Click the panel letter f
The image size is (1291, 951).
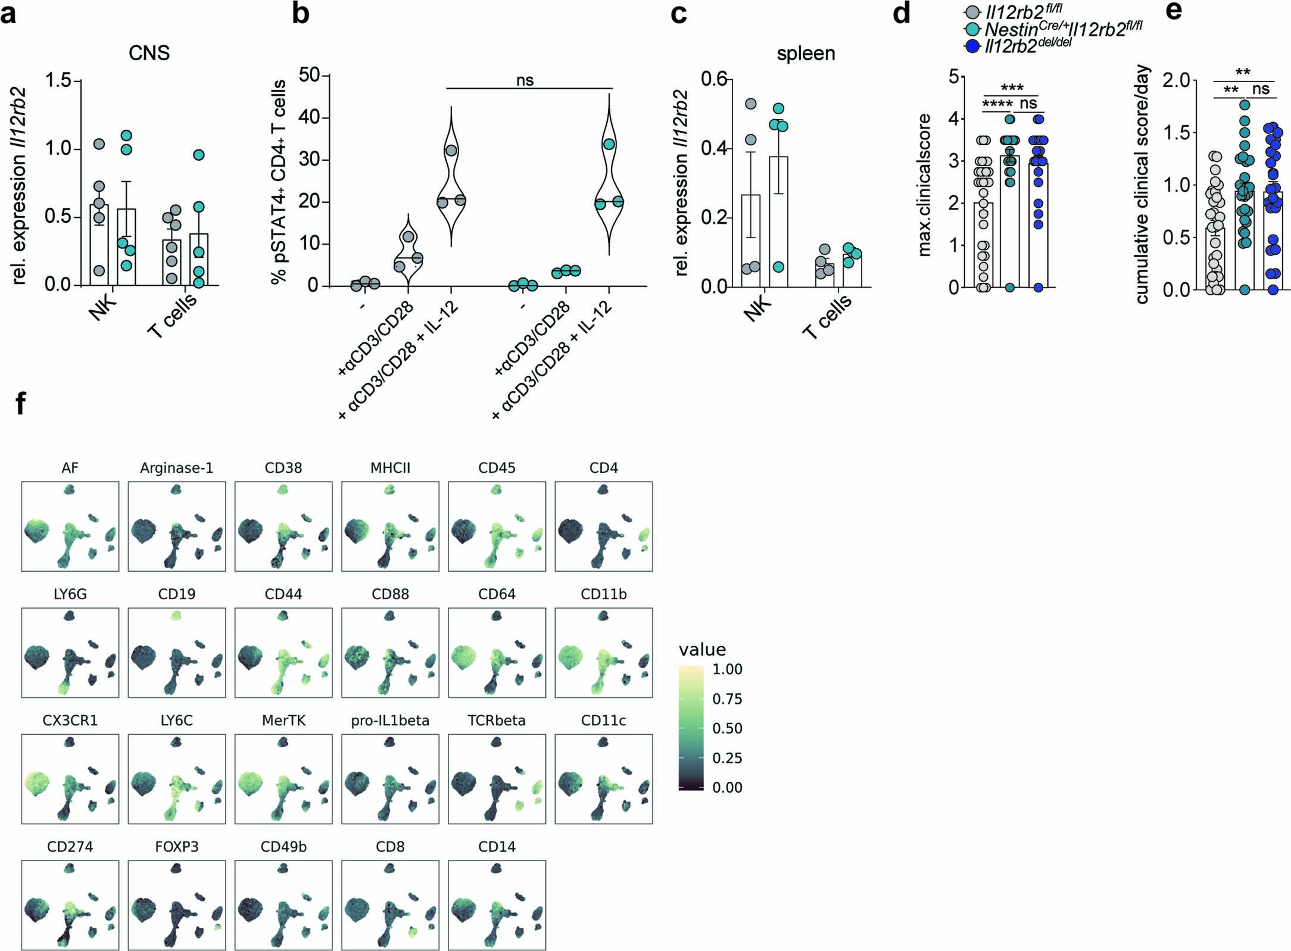[21, 403]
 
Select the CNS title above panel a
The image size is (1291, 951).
[149, 53]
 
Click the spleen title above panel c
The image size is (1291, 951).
[806, 54]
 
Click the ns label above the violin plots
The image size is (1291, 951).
[525, 80]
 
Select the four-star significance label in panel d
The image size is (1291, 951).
[997, 104]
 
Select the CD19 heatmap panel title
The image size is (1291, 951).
[177, 594]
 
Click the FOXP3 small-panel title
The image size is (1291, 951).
[177, 847]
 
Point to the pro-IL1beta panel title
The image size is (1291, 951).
[390, 721]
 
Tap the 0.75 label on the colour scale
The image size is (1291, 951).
[727, 699]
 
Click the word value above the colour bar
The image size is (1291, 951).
[702, 650]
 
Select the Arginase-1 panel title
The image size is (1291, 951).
[177, 468]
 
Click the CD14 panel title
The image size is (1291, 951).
[497, 847]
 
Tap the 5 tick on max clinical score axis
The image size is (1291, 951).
[953, 77]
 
